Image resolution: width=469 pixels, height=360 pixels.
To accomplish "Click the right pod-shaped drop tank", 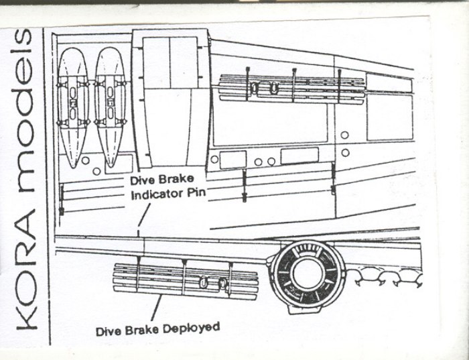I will [111, 101].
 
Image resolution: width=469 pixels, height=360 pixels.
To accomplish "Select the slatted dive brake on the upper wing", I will [292, 86].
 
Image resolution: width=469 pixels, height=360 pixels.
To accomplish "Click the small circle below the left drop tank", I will [97, 171].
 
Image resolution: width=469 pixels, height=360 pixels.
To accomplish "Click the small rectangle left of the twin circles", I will [232, 160].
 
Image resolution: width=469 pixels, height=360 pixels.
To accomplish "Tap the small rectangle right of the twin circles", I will [299, 156].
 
